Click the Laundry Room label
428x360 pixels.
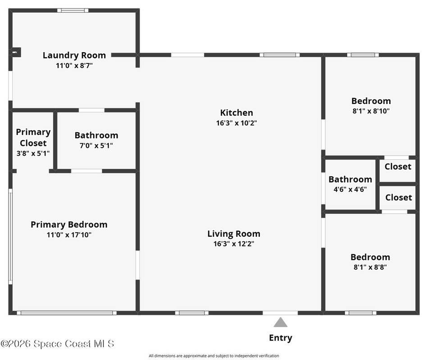[x=74, y=55]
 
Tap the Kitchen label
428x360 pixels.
[x=237, y=112]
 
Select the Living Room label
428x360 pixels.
[x=234, y=234]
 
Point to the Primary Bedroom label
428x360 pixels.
[x=69, y=225]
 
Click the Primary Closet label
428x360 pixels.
[x=33, y=138]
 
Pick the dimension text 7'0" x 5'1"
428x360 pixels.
[x=96, y=145]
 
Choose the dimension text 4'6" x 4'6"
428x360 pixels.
[x=350, y=189]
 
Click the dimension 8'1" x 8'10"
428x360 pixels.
[x=371, y=111]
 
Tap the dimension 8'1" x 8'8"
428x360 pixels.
[x=370, y=267]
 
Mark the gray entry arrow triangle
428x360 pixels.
[x=281, y=322]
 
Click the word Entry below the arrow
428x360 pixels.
[x=281, y=338]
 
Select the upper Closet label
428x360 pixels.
[x=398, y=166]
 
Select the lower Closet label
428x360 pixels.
[x=398, y=198]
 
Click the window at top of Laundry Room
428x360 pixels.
[x=73, y=10]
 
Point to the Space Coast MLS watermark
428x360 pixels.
[x=57, y=344]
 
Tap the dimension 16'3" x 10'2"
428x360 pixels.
[x=237, y=123]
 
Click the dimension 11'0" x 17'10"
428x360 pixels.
[x=69, y=234]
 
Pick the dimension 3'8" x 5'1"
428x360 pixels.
[x=33, y=153]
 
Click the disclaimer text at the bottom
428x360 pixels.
[x=214, y=355]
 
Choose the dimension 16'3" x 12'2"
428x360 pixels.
[x=234, y=244]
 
